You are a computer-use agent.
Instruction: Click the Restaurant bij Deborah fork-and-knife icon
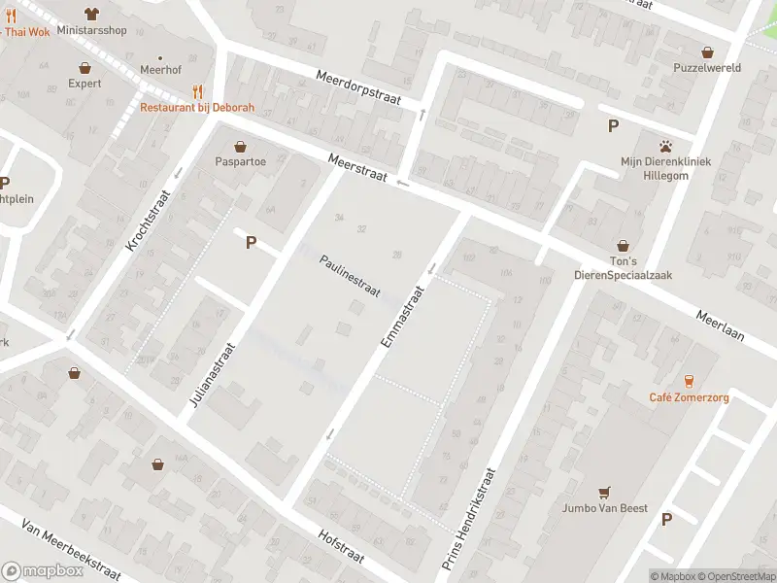[199, 90]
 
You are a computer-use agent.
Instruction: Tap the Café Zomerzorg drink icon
[690, 381]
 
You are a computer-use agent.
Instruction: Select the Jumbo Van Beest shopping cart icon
[605, 492]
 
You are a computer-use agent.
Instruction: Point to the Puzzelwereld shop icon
[707, 51]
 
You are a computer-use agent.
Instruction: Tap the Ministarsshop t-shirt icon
[91, 14]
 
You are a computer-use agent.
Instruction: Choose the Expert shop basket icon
[84, 68]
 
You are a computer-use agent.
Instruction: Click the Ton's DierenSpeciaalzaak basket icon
[623, 247]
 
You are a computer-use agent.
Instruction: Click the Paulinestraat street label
[350, 278]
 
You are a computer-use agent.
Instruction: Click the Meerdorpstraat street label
[357, 89]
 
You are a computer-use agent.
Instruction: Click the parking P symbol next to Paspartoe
[251, 243]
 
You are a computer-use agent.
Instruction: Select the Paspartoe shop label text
[242, 161]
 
